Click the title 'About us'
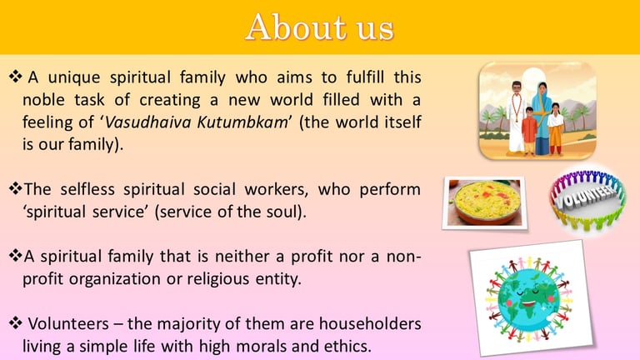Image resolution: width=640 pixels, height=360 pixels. (320, 27)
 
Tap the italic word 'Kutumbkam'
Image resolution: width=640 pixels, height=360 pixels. (242, 122)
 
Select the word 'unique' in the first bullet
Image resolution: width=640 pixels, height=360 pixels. (74, 77)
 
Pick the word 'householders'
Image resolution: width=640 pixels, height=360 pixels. (370, 323)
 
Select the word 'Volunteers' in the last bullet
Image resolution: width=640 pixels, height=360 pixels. (68, 323)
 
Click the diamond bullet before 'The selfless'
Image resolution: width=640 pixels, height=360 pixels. (16, 188)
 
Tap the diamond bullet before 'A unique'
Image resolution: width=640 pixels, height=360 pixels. (16, 77)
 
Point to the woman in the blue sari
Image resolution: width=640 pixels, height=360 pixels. (542, 118)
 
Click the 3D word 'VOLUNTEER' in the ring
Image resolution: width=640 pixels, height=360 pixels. (587, 195)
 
